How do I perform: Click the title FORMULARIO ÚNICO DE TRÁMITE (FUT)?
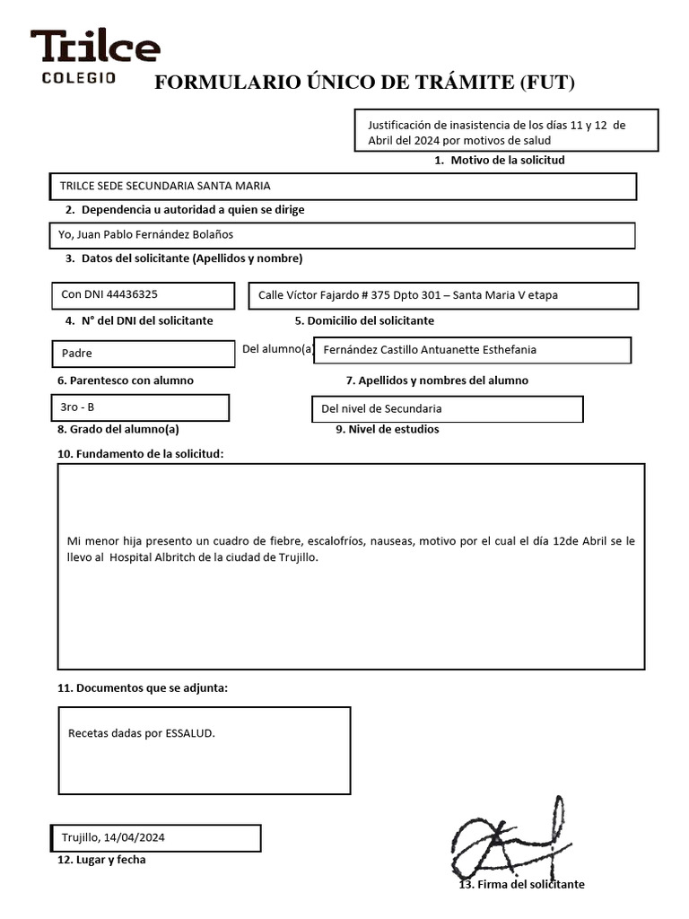[x=364, y=83]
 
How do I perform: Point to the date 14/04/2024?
[x=135, y=837]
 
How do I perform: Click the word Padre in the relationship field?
[x=77, y=354]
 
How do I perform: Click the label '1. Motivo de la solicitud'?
[x=499, y=160]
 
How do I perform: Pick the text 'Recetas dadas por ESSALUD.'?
[x=142, y=733]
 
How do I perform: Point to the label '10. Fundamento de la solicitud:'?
[x=141, y=454]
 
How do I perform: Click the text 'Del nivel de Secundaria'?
[x=381, y=409]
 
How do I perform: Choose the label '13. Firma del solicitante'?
[x=521, y=884]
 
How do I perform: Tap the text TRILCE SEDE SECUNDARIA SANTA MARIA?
[x=165, y=186]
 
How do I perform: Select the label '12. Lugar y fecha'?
[x=101, y=860]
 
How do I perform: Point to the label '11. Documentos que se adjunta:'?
[x=143, y=688]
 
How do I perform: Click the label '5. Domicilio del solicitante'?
[x=364, y=320]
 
